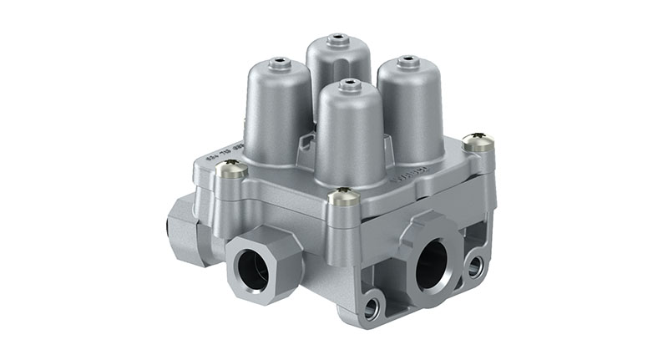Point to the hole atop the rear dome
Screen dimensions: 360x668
point(337,38)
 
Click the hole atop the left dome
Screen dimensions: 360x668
point(279,60)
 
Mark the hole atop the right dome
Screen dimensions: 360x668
point(407,59)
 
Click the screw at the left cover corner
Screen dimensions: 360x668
point(230,170)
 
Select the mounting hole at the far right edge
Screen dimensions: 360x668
point(475,266)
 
